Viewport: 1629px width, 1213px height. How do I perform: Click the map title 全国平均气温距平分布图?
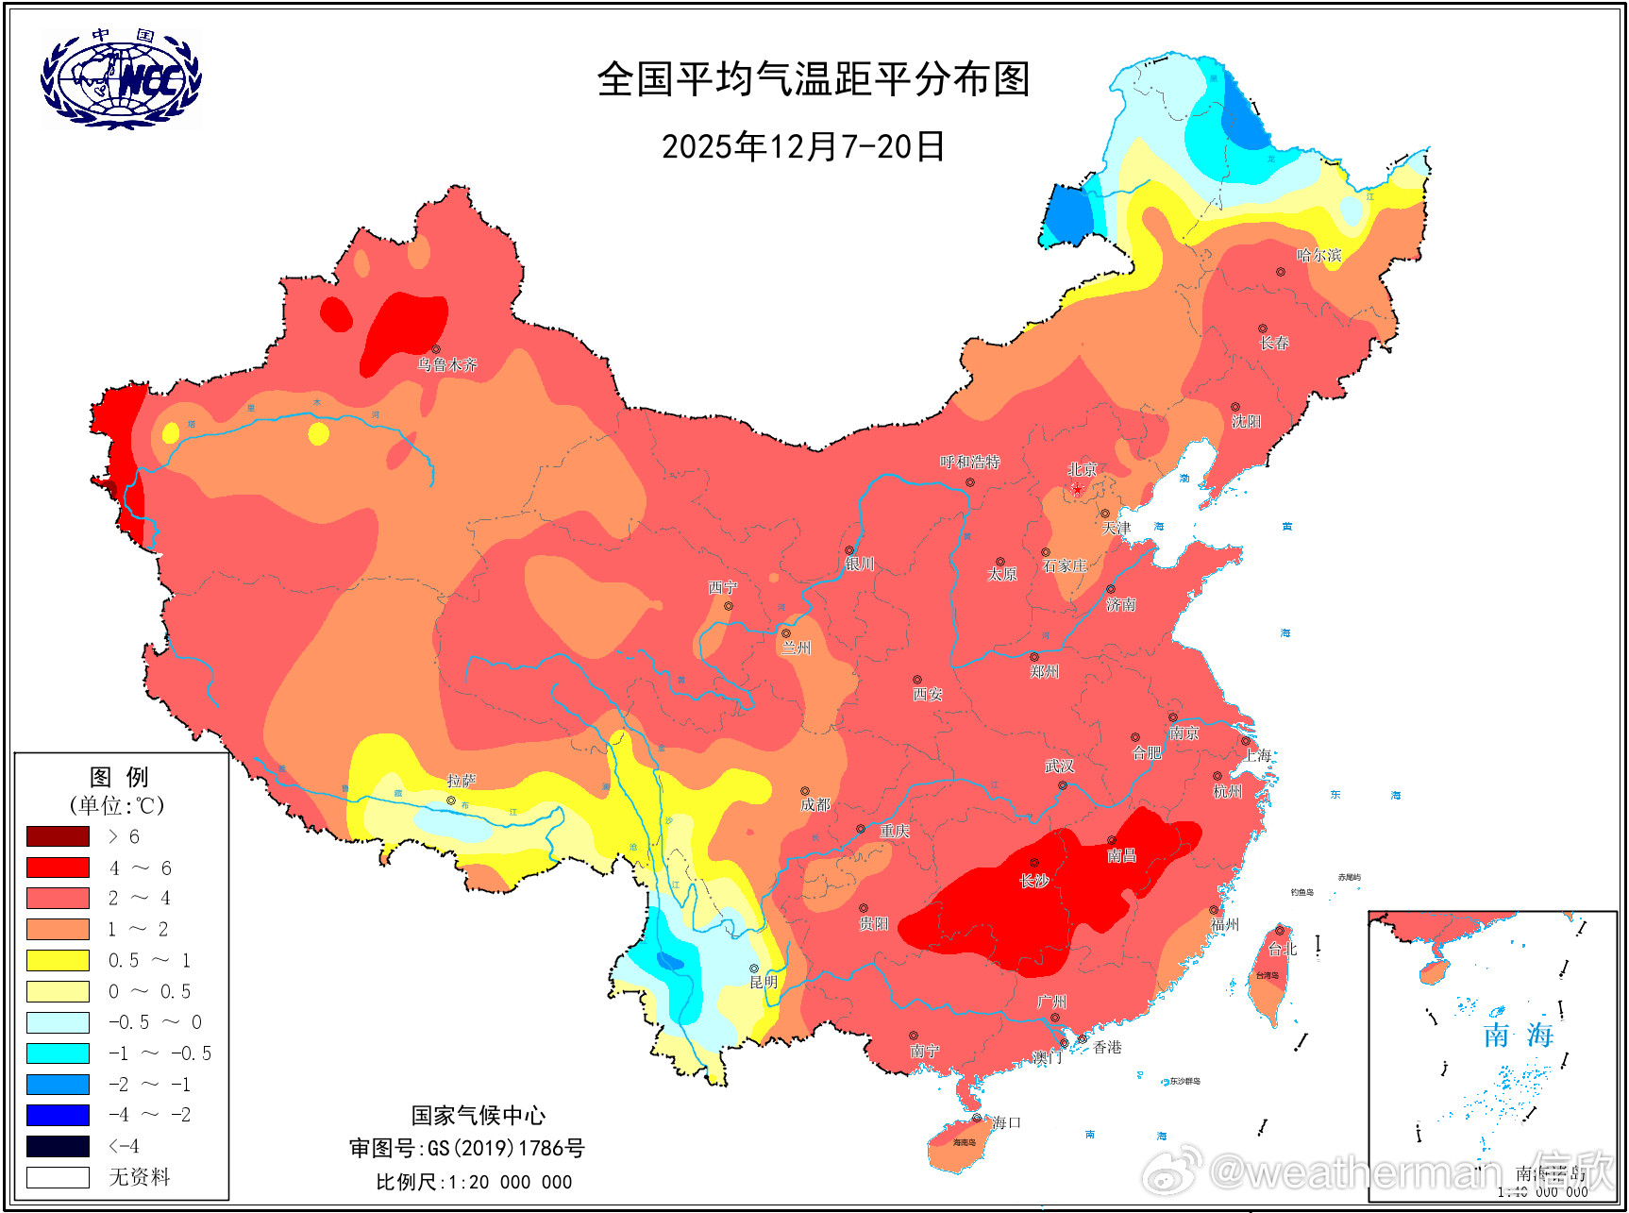pyautogui.click(x=813, y=79)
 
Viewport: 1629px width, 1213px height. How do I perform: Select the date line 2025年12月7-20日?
pyautogui.click(x=803, y=146)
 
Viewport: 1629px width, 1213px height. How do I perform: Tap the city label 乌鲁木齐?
pyautogui.click(x=447, y=364)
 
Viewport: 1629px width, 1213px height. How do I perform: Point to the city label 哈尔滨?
pyautogui.click(x=1318, y=255)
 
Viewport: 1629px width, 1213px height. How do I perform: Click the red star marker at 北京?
pyautogui.click(x=1077, y=489)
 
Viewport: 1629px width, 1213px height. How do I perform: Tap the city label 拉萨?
pyautogui.click(x=462, y=781)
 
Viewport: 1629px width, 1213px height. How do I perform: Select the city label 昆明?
pyautogui.click(x=764, y=982)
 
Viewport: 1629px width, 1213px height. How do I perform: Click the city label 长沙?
pyautogui.click(x=1034, y=881)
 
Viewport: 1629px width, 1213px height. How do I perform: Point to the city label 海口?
pyautogui.click(x=1006, y=1122)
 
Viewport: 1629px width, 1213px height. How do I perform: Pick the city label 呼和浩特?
pyautogui.click(x=969, y=463)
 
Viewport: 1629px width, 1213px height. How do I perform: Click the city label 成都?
pyautogui.click(x=814, y=804)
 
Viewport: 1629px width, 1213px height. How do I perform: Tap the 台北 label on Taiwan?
pyautogui.click(x=1283, y=949)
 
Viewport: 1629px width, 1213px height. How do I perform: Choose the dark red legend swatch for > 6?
pyautogui.click(x=58, y=836)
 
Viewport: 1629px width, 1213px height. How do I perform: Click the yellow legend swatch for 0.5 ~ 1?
pyautogui.click(x=58, y=960)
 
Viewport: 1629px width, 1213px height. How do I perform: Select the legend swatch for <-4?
pyautogui.click(x=58, y=1146)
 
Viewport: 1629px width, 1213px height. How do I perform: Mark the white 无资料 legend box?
pyautogui.click(x=58, y=1177)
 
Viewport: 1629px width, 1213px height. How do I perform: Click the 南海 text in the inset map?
pyautogui.click(x=1518, y=1036)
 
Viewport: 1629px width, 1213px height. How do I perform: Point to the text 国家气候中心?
pyautogui.click(x=478, y=1116)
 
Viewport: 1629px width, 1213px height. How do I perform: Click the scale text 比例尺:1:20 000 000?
pyautogui.click(x=474, y=1182)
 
